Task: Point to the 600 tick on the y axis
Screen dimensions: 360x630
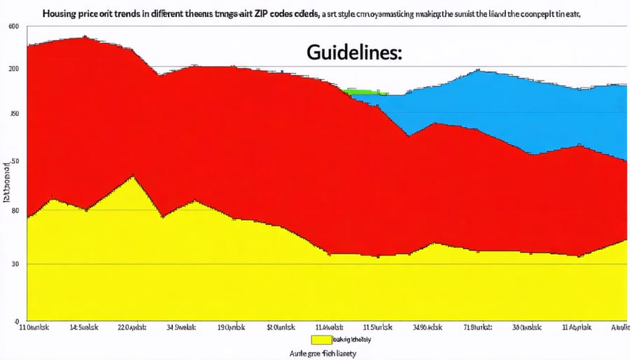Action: pos(13,27)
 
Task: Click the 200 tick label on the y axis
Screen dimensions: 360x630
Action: pos(13,69)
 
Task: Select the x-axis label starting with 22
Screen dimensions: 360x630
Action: pos(134,327)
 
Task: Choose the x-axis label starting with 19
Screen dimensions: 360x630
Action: pos(230,327)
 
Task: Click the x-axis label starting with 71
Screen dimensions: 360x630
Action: pos(477,327)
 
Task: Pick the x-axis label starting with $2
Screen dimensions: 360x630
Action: pos(281,327)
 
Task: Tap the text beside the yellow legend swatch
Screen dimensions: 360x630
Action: pos(352,340)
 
